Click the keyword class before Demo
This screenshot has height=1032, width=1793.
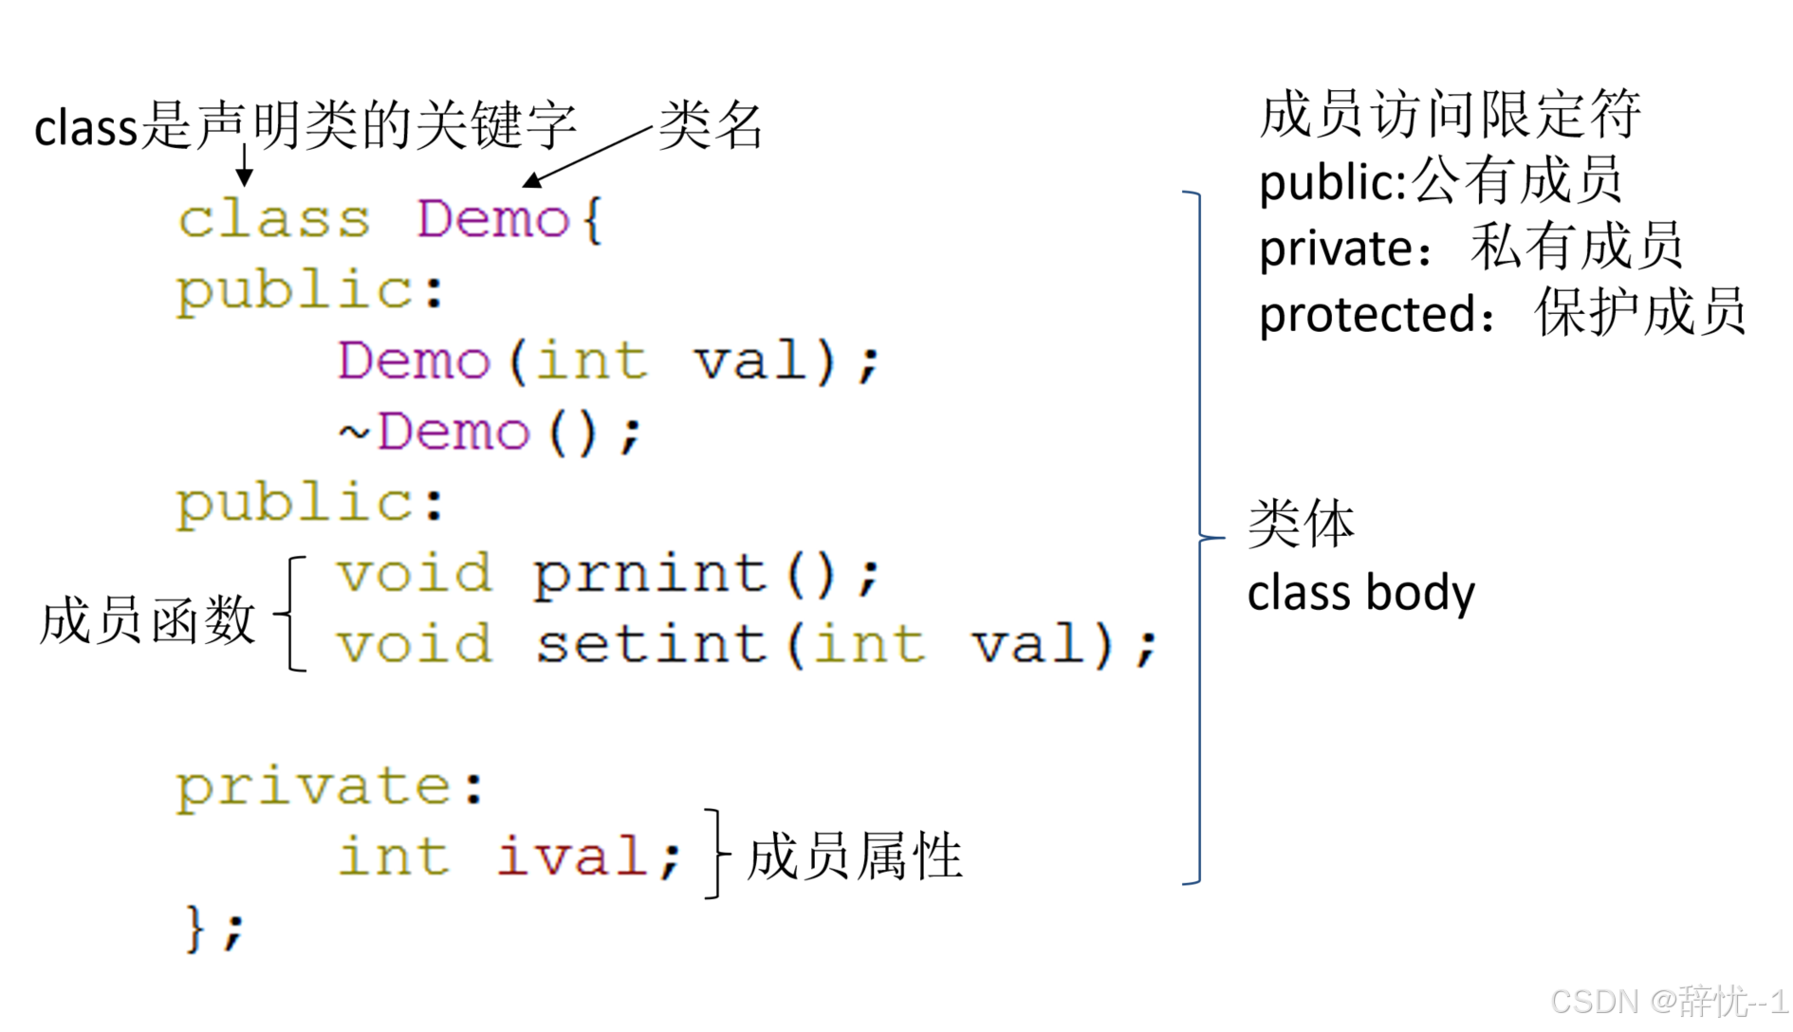pos(273,220)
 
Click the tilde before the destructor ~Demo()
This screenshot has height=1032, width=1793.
pos(354,433)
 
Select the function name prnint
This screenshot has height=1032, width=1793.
pos(649,575)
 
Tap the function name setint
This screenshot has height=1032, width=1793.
pos(651,645)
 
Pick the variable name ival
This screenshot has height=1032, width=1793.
pos(573,857)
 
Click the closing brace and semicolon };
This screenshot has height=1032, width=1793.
pos(214,928)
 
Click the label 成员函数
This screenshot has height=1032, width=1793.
pos(147,620)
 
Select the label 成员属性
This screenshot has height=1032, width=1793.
pos(854,856)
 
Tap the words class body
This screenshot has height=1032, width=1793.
pos(1360,594)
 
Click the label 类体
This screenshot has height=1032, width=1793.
pos(1301,524)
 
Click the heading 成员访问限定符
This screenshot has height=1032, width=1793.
pos(1450,115)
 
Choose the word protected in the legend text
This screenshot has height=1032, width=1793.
pos(1367,315)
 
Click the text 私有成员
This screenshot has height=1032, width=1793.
pos(1576,248)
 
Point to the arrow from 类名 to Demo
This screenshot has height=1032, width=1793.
pos(588,155)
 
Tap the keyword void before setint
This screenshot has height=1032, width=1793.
pos(415,645)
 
